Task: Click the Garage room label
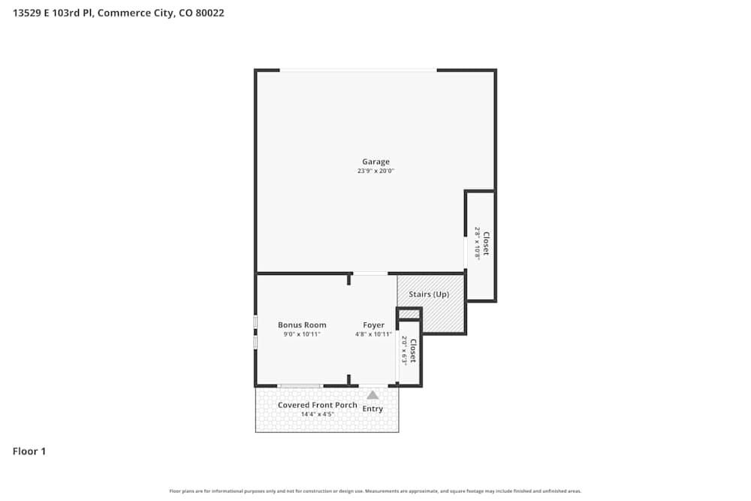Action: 375,161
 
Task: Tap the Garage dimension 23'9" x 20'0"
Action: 375,171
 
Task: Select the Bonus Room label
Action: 302,325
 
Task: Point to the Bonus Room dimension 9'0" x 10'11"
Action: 302,334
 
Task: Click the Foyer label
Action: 373,325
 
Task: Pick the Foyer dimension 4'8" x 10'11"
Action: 373,334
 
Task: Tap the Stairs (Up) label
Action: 429,294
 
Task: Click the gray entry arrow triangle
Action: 372,394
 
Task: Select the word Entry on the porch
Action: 372,409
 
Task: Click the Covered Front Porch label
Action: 318,405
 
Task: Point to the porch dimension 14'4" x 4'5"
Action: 318,414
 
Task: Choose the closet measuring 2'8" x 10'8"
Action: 481,243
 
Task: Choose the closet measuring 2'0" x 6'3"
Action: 409,350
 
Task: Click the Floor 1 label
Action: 29,451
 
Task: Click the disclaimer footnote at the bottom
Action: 375,491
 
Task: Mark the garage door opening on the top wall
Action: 358,71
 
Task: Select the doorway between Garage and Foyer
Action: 370,273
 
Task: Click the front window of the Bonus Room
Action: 300,386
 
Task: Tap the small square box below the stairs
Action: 409,313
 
